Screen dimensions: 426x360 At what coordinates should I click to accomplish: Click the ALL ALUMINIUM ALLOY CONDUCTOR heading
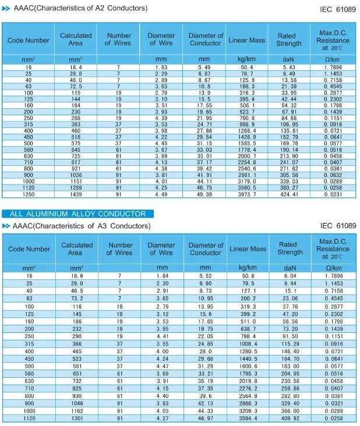(x=73, y=214)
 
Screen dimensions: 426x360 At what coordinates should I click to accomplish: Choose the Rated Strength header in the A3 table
(x=290, y=248)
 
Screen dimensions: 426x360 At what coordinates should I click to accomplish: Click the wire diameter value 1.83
(x=161, y=68)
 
